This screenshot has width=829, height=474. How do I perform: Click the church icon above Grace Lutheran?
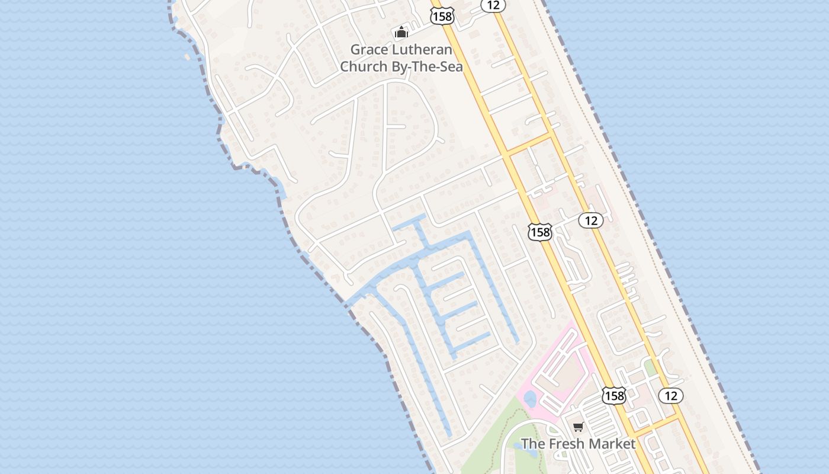pos(401,32)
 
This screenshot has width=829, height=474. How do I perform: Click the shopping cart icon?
pos(579,427)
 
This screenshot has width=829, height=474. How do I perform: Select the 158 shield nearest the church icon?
pos(442,16)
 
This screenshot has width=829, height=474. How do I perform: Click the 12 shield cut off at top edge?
pos(493,5)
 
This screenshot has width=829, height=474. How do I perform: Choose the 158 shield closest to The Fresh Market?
pos(614,395)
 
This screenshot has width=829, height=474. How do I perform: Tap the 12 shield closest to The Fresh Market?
pos(671,395)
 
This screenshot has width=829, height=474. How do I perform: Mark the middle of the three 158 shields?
pos(540,232)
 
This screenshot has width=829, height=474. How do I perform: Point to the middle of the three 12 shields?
pos(590,220)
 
